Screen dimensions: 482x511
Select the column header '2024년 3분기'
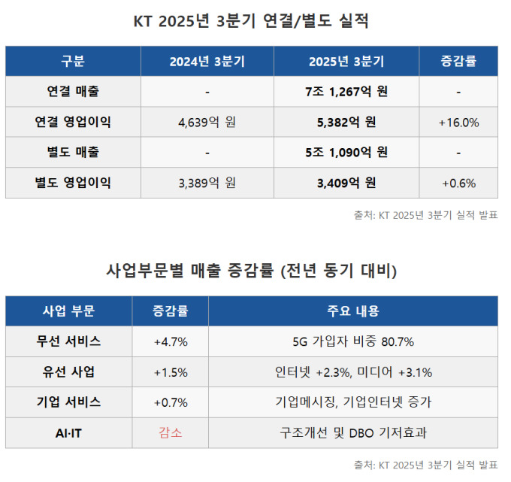[207, 62]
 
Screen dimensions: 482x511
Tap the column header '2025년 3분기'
[346, 62]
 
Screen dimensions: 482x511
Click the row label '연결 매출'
[73, 92]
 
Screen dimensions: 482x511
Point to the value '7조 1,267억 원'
[346, 92]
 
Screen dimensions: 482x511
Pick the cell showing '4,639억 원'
[207, 122]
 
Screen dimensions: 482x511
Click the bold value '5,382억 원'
[346, 122]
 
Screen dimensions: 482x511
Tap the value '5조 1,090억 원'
[346, 152]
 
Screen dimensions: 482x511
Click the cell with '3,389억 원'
[207, 183]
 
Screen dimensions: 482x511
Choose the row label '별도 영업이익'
[73, 183]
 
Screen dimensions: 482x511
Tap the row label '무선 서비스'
[68, 341]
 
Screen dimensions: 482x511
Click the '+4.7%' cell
[171, 341]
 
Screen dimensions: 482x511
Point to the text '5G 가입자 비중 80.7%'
[353, 341]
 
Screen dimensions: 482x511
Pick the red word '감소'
[171, 433]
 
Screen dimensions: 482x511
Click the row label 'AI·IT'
[68, 433]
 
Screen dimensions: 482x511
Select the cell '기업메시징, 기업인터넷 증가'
[353, 402]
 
